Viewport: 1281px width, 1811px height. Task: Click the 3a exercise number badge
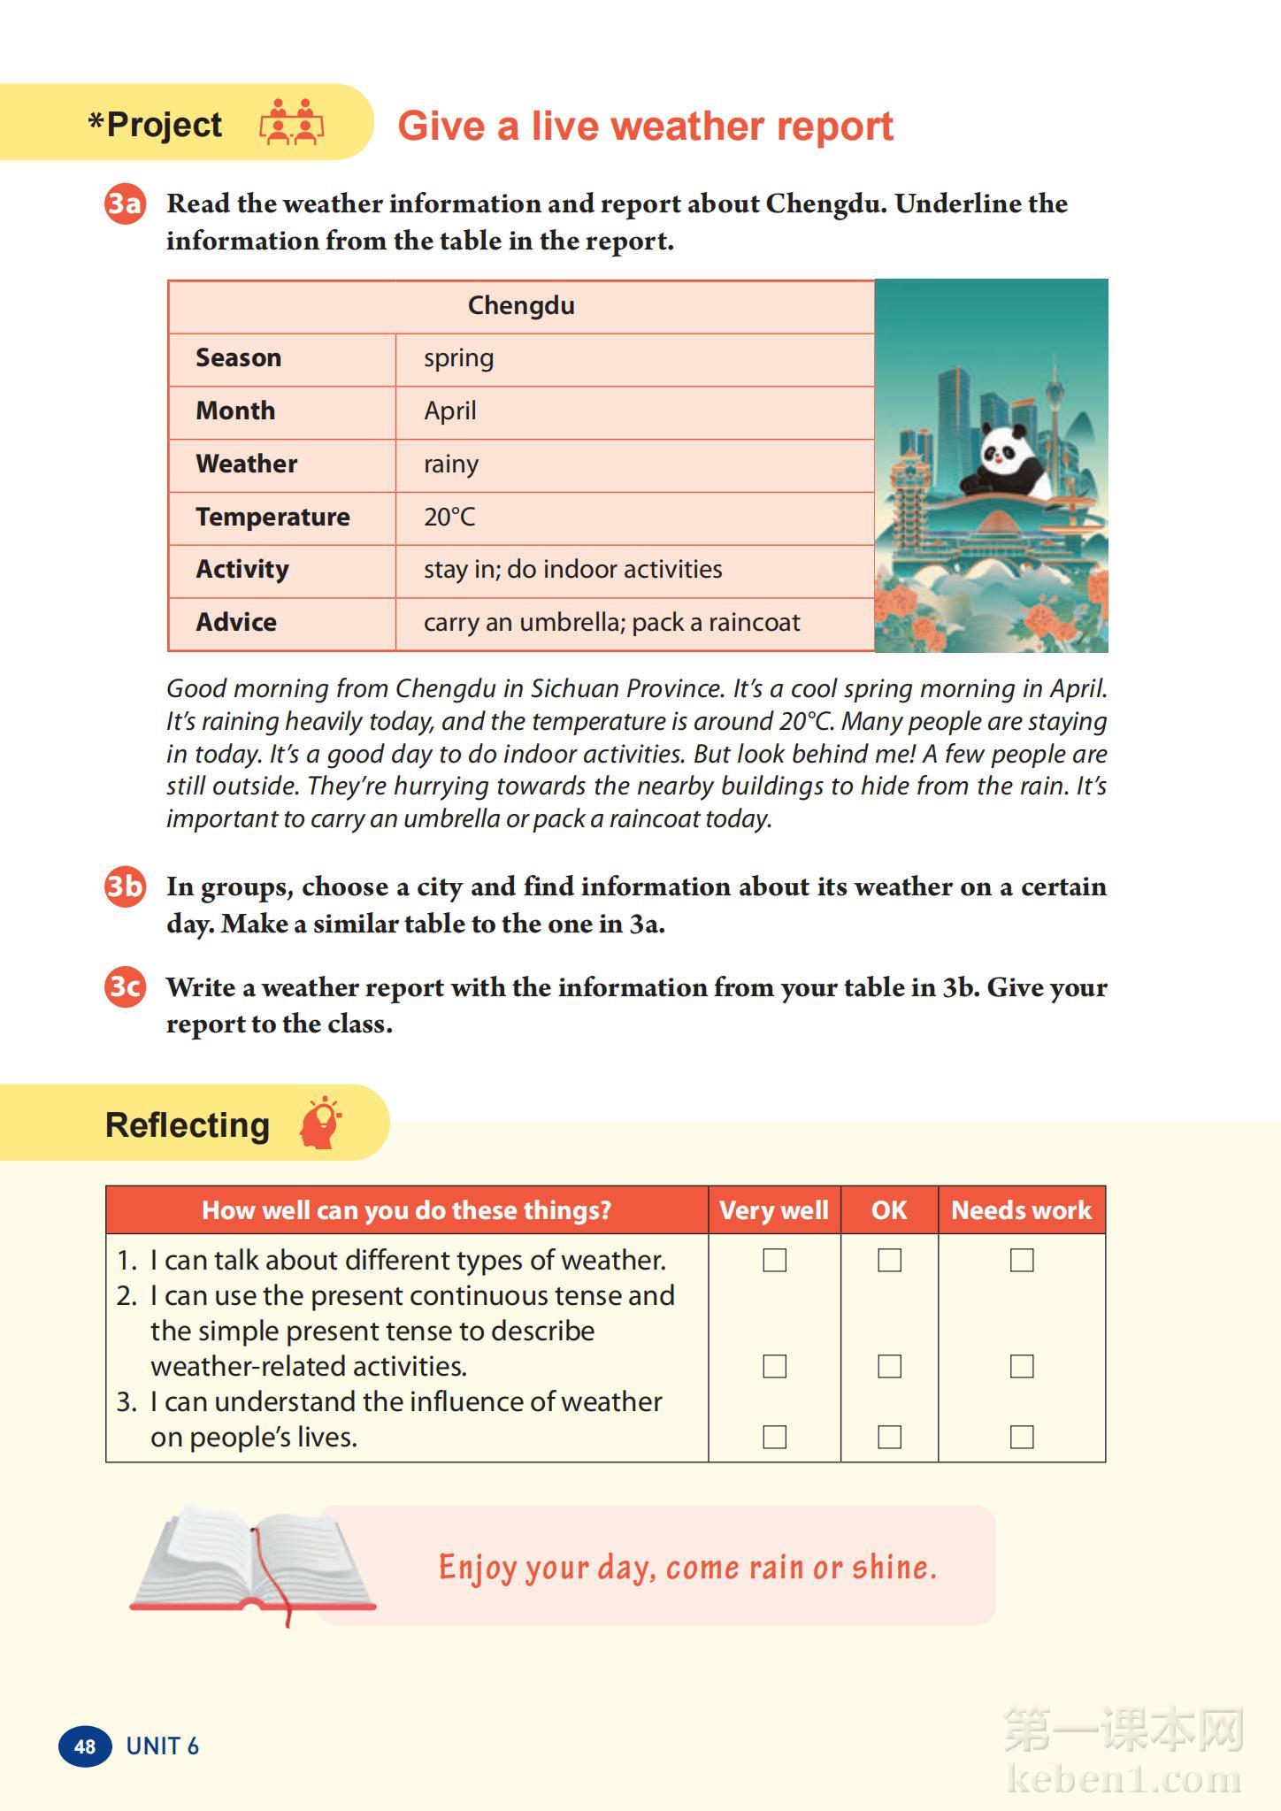point(125,204)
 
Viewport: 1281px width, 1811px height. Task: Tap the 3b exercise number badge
point(125,886)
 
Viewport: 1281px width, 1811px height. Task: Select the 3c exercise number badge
point(125,986)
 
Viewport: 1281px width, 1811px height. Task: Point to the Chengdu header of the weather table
point(521,306)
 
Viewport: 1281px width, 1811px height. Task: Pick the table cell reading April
point(450,411)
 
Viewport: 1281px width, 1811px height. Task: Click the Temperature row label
point(272,518)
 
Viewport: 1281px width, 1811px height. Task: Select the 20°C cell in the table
point(449,518)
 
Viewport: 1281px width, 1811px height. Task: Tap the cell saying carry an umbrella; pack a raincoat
point(611,623)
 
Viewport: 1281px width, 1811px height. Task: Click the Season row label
point(238,358)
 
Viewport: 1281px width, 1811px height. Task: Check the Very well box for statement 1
point(774,1260)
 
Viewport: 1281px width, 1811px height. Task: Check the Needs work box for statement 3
point(1022,1437)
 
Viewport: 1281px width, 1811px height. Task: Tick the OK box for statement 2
point(889,1366)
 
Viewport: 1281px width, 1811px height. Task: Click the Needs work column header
point(1021,1210)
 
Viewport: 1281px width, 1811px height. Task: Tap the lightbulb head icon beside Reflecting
point(320,1124)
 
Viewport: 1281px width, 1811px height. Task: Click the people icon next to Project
point(291,123)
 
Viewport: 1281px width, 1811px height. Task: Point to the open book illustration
point(252,1562)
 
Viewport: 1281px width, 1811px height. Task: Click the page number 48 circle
point(85,1746)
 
